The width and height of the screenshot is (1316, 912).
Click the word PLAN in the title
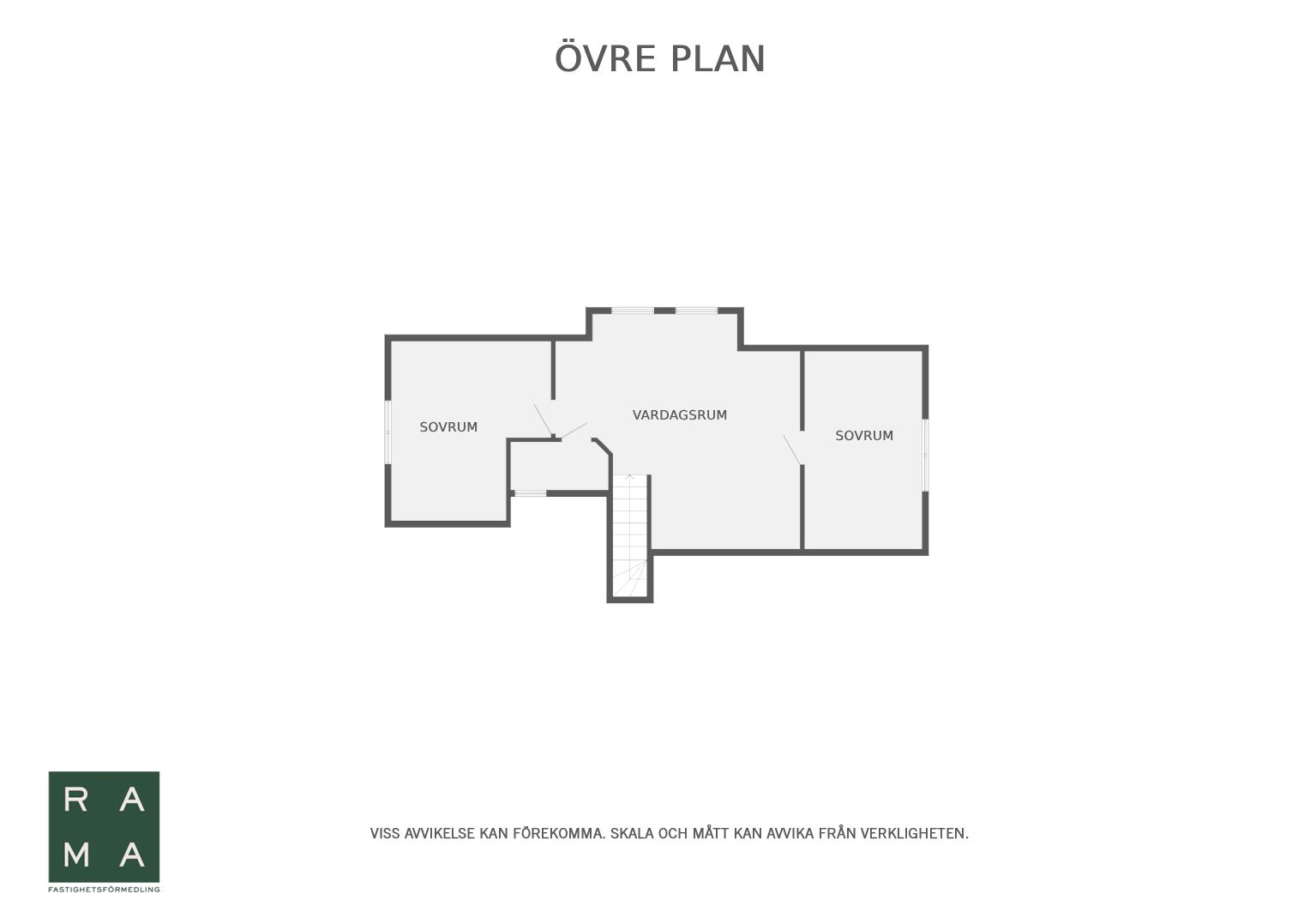pos(718,59)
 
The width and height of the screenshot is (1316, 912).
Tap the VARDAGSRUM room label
pos(680,415)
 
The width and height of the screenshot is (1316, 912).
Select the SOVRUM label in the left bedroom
pos(448,427)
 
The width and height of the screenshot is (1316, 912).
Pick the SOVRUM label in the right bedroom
pos(864,436)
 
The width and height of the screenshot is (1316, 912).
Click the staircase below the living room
pos(630,535)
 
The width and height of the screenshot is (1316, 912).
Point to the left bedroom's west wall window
pos(388,432)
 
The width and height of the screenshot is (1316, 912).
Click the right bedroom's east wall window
pos(925,455)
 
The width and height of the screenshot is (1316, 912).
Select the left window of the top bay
pos(633,311)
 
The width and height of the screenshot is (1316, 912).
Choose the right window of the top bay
pos(696,311)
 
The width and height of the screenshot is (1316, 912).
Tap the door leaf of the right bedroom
pos(792,450)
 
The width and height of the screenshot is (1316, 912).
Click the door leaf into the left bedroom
pos(543,420)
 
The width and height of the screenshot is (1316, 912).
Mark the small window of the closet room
pos(530,493)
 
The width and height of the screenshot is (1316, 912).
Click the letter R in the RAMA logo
pos(75,800)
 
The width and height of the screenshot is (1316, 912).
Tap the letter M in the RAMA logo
pos(76,855)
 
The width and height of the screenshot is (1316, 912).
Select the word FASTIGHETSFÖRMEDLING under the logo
pos(104,890)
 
